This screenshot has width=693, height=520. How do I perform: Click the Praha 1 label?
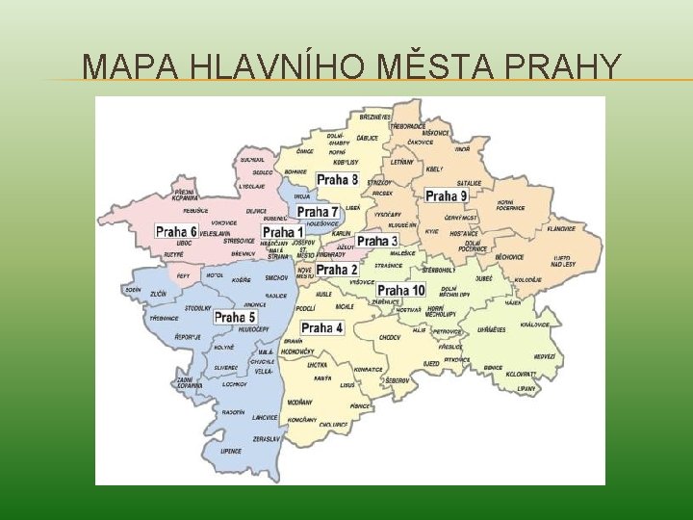[283, 232]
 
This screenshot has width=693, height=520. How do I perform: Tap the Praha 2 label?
[338, 270]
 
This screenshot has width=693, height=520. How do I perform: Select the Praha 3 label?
[377, 241]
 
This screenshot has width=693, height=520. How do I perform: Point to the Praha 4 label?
[321, 328]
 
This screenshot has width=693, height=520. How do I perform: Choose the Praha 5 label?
[235, 317]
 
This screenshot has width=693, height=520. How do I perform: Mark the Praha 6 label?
[176, 231]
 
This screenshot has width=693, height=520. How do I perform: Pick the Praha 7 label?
[318, 212]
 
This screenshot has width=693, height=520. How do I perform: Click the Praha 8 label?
[338, 180]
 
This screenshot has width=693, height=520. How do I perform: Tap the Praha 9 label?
[446, 196]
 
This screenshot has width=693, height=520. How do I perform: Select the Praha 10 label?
[401, 290]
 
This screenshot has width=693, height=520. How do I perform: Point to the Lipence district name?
[231, 451]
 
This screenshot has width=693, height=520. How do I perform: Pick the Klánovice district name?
[561, 229]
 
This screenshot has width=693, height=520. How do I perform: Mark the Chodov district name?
[390, 338]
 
